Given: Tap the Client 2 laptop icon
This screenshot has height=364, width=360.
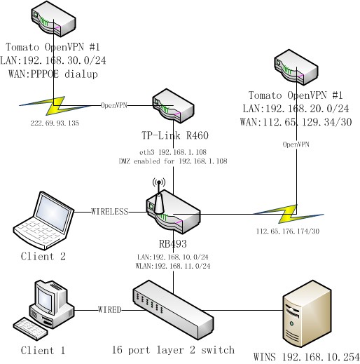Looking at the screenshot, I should pyautogui.click(x=43, y=218).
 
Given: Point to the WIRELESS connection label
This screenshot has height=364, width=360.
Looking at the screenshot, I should pyautogui.click(x=109, y=210).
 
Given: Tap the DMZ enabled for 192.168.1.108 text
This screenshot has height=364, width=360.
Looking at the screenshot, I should pyautogui.click(x=173, y=161).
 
